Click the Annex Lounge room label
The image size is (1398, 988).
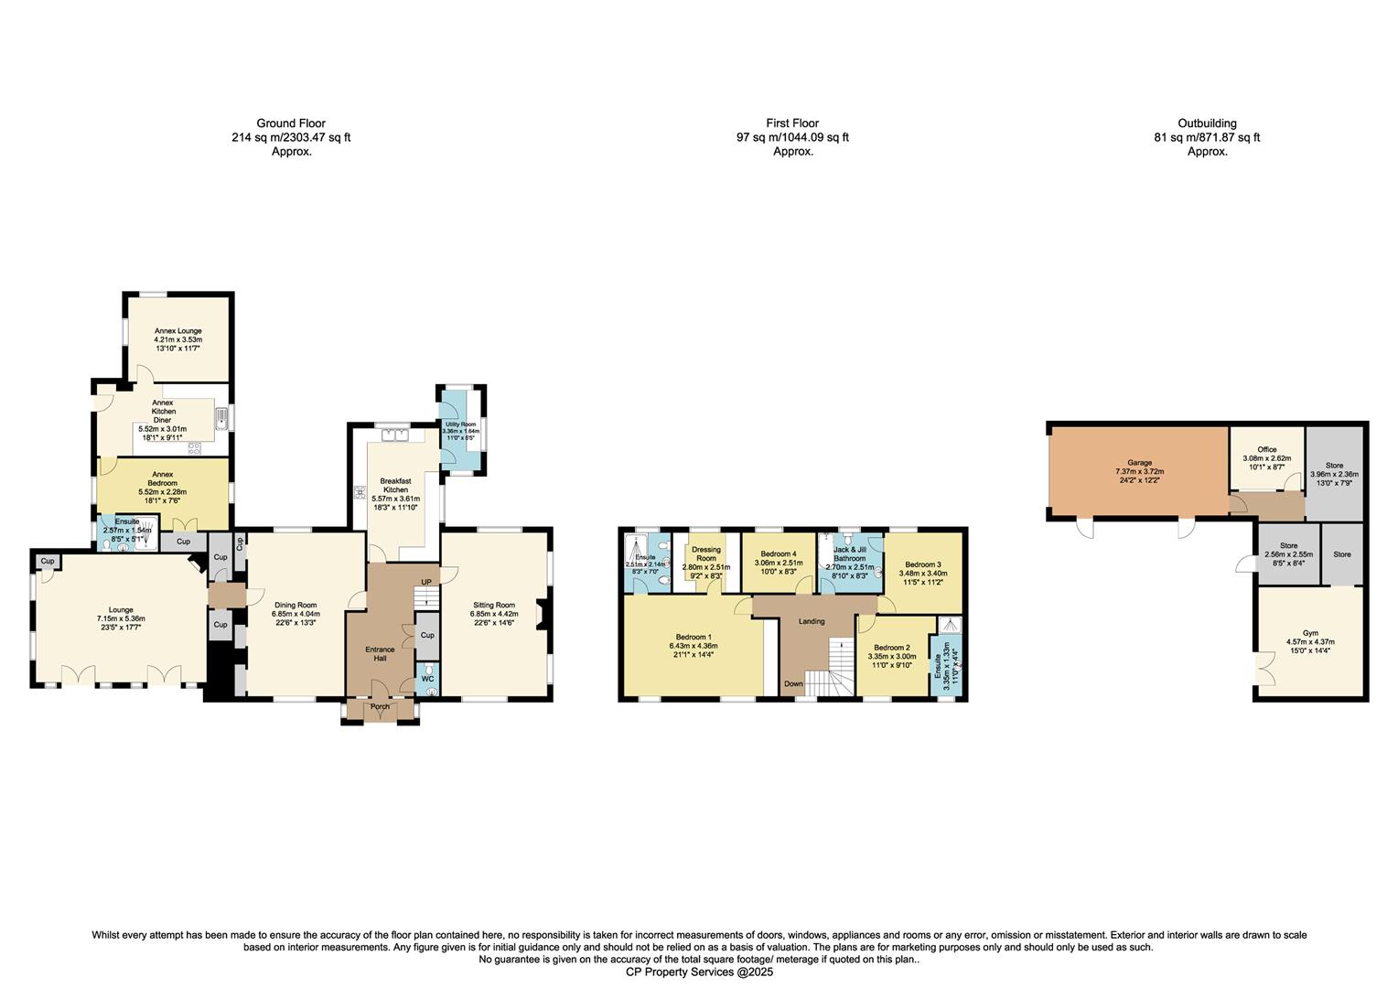click(177, 331)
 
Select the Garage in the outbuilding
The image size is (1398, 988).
click(1139, 463)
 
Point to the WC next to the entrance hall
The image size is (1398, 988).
click(427, 679)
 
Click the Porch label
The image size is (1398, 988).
click(380, 706)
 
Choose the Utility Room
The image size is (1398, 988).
click(460, 424)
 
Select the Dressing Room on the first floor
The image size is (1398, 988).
click(706, 553)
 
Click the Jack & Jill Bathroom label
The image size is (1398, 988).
click(849, 553)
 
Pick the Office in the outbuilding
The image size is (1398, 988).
click(1266, 450)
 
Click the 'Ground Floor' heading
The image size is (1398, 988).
click(291, 123)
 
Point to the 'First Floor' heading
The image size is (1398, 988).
click(792, 123)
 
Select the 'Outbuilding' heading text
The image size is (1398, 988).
click(1207, 123)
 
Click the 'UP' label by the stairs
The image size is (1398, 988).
click(425, 582)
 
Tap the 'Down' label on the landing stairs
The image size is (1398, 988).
click(793, 683)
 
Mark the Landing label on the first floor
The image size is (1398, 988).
click(812, 621)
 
